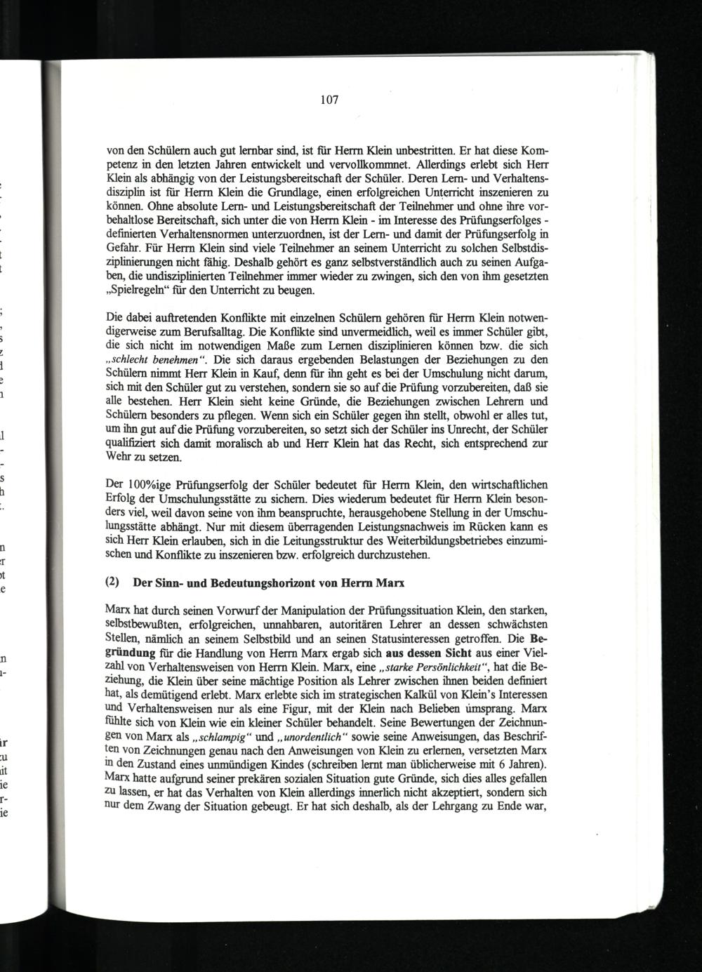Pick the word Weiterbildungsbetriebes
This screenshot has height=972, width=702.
point(392,540)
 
